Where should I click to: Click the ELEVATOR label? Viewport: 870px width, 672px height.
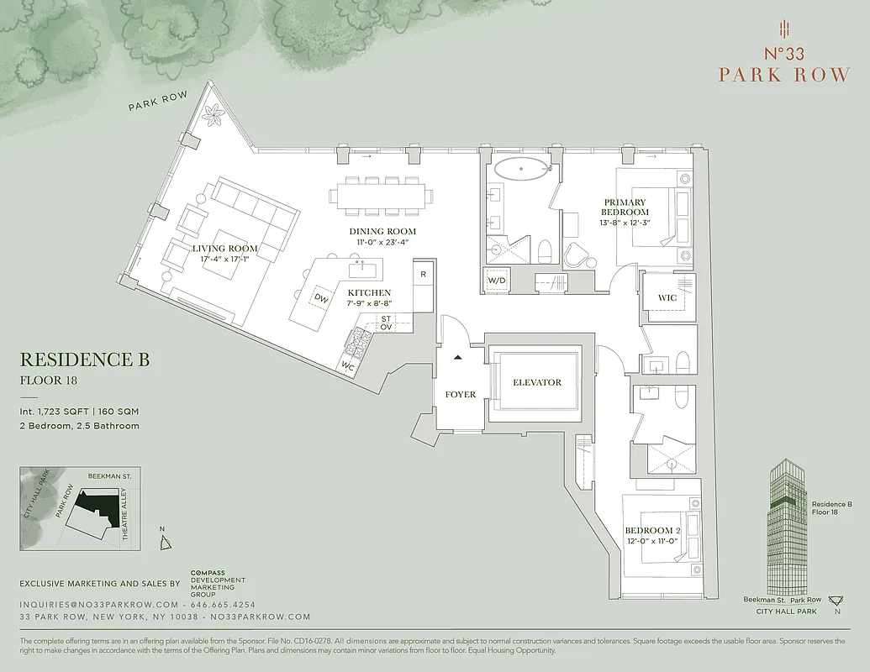pos(537,382)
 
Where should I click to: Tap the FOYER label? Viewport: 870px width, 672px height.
pos(461,394)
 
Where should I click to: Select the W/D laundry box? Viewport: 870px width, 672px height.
pos(498,281)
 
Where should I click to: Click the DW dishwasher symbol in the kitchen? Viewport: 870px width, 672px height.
pos(321,297)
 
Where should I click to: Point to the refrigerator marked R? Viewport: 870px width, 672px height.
pos(423,275)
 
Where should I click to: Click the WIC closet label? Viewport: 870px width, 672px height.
pos(667,298)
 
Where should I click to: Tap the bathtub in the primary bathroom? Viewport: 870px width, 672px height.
pos(521,168)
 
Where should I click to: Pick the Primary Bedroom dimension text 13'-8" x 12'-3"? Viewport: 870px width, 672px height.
pos(625,223)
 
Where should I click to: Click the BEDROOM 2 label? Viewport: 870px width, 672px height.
pos(652,530)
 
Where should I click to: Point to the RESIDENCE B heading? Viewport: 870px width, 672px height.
pos(84,360)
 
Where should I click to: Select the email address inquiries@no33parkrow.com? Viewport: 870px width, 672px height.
pos(99,605)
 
